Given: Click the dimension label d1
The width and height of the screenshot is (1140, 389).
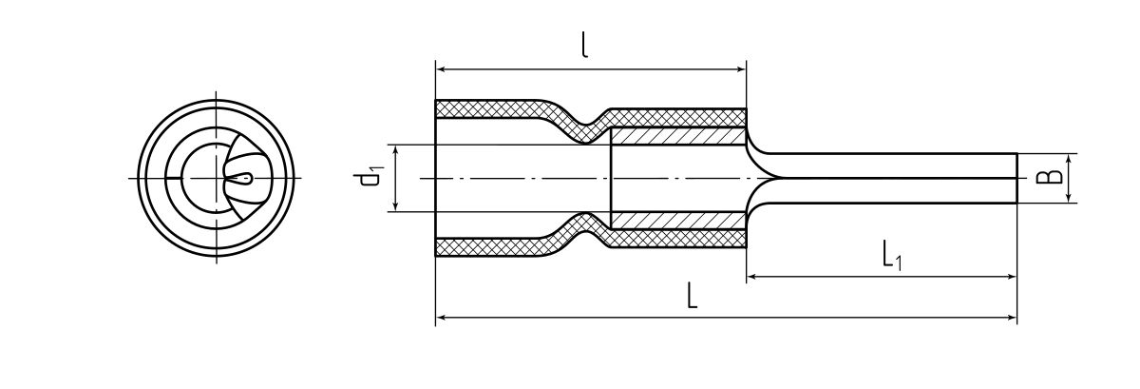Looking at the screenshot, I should [x=371, y=179].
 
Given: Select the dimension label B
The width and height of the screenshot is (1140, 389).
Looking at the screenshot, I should [x=1048, y=178].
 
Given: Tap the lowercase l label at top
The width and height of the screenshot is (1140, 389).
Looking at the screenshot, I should [x=584, y=46].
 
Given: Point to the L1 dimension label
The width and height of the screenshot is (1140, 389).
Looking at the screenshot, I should [x=890, y=255].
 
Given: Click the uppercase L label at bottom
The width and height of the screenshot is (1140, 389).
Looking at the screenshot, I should [x=693, y=297].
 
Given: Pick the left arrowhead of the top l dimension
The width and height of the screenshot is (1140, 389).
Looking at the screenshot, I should [x=441, y=68].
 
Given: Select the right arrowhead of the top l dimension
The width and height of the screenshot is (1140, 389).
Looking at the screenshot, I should [x=741, y=68].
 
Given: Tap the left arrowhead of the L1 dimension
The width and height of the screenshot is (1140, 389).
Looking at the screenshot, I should [x=751, y=277].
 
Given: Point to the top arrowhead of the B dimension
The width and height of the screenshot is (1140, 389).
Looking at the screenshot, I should [x=1070, y=158].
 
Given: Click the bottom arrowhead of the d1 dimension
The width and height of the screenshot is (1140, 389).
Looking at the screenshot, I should [x=393, y=206].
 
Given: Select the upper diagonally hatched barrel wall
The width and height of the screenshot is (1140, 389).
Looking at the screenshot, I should [x=676, y=136].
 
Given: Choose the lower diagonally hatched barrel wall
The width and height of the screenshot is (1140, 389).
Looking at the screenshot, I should [x=676, y=221].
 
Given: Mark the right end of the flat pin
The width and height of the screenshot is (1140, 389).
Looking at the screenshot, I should [x=1015, y=178].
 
